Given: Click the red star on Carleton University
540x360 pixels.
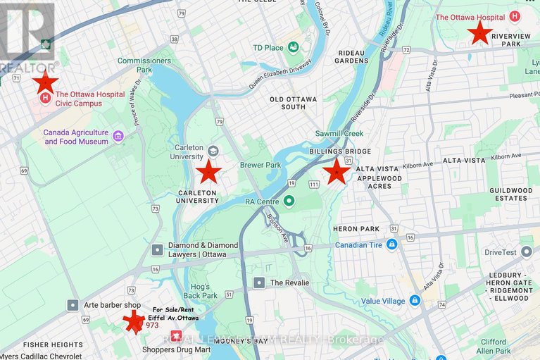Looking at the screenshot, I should tap(208, 171).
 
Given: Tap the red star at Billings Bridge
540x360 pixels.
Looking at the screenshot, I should tap(337, 171).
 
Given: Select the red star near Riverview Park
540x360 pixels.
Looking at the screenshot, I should tap(480, 32).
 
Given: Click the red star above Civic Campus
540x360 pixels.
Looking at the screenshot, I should tap(46, 82).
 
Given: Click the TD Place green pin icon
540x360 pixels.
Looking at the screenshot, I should tap(294, 47).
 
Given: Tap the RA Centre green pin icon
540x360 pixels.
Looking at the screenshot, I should tap(289, 202).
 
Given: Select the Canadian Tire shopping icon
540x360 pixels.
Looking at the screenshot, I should tap(392, 244).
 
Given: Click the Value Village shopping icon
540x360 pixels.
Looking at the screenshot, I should tap(415, 300).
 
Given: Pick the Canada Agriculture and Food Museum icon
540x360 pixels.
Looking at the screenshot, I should tap(118, 136).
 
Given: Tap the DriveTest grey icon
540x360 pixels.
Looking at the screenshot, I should tap(488, 251).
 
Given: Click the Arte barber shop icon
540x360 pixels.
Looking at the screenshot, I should tap(73, 304).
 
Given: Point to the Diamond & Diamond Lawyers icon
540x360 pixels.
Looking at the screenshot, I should tap(157, 249).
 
